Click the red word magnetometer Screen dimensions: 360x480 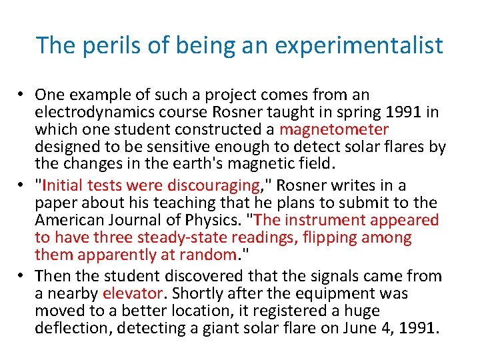click(x=334, y=129)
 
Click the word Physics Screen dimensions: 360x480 click(x=215, y=220)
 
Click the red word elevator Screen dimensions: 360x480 click(x=132, y=293)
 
